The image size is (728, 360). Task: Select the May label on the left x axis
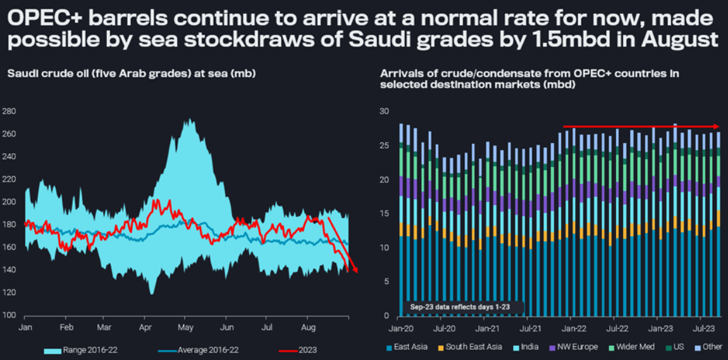point(185,328)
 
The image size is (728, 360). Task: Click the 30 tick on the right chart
point(383,111)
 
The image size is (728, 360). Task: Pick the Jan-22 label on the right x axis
point(574,329)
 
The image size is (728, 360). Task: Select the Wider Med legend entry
point(628,347)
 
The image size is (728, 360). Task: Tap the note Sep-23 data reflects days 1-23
point(460,307)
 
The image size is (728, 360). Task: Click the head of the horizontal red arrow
point(717,127)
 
